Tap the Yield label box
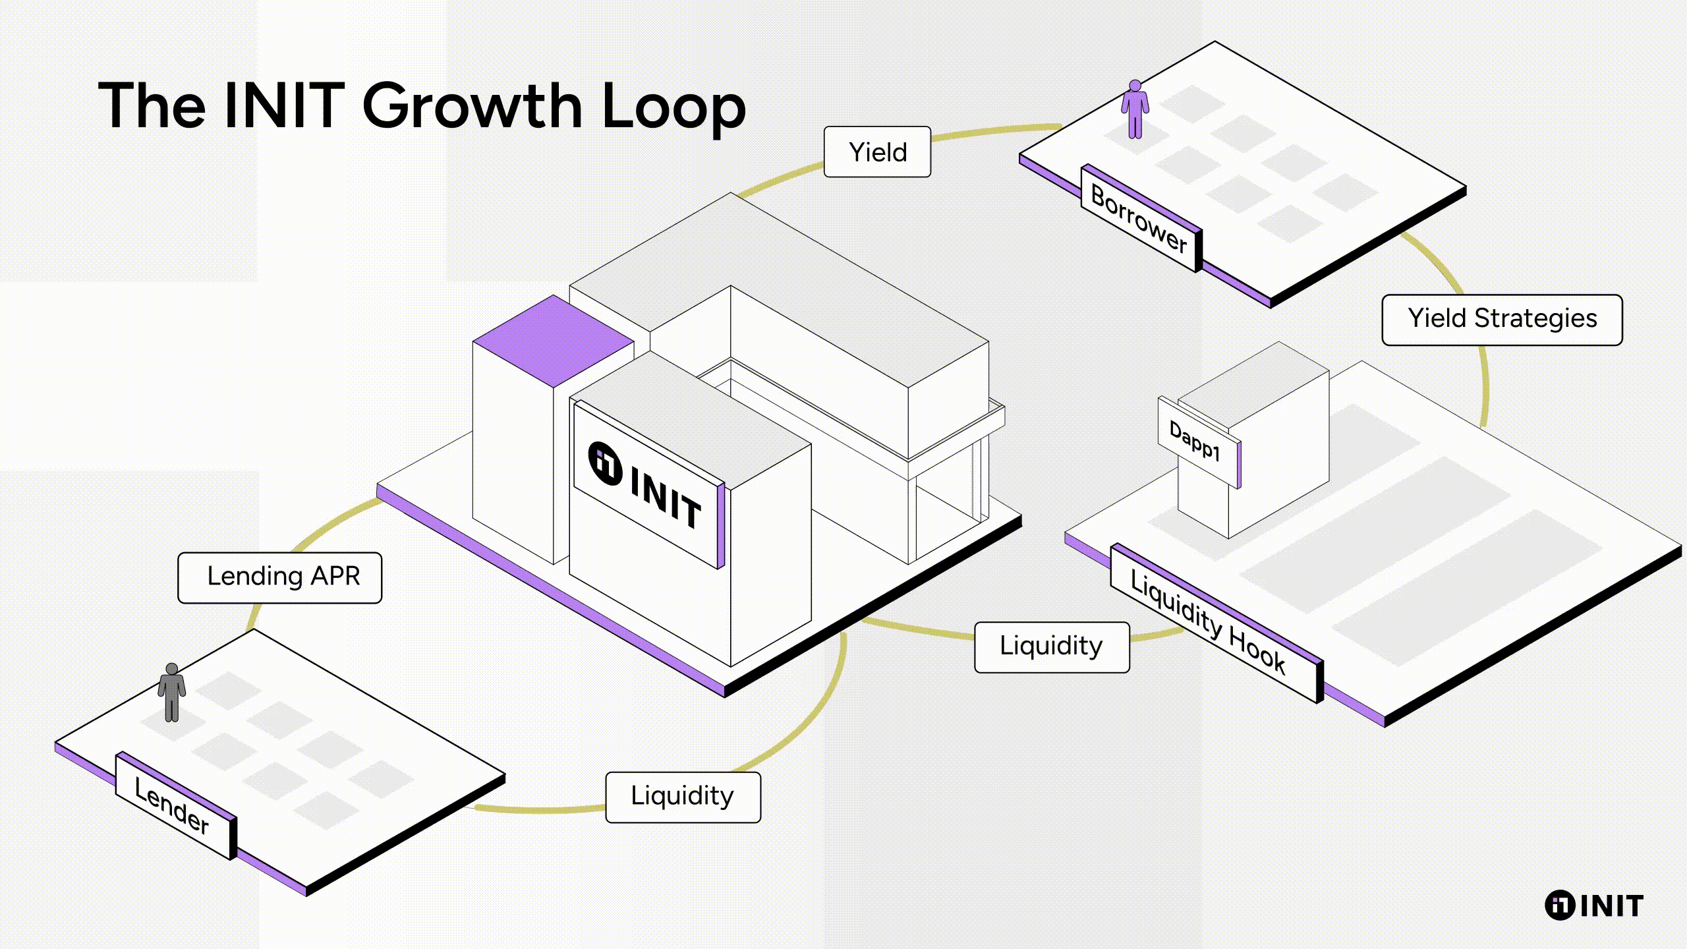click(x=877, y=152)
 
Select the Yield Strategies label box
click(x=1502, y=320)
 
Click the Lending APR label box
click(x=279, y=577)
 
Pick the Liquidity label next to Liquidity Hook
click(x=1052, y=647)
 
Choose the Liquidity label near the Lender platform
click(x=683, y=797)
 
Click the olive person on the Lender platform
click(x=172, y=692)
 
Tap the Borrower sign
click(x=1139, y=219)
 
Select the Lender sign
click(x=173, y=805)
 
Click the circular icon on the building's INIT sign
click(x=605, y=463)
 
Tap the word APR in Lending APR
click(x=335, y=577)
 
